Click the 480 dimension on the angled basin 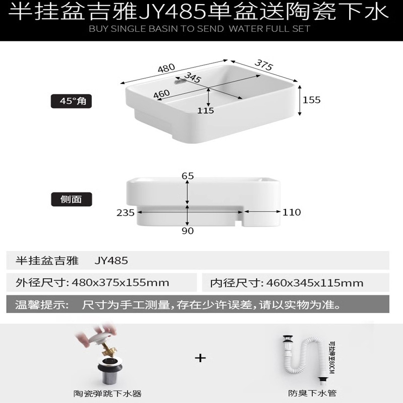click(x=166, y=68)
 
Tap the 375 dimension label click(x=263, y=65)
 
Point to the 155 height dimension click(x=311, y=100)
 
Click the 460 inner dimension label click(x=161, y=94)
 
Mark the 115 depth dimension click(x=206, y=110)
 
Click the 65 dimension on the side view click(x=187, y=176)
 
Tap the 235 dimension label click(x=125, y=213)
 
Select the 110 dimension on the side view click(x=291, y=213)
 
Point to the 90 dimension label click(x=187, y=231)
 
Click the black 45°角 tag click(x=73, y=101)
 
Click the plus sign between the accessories click(x=200, y=358)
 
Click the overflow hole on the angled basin click(x=177, y=79)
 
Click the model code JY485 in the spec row click(x=111, y=260)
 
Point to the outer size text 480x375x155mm click(x=121, y=283)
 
